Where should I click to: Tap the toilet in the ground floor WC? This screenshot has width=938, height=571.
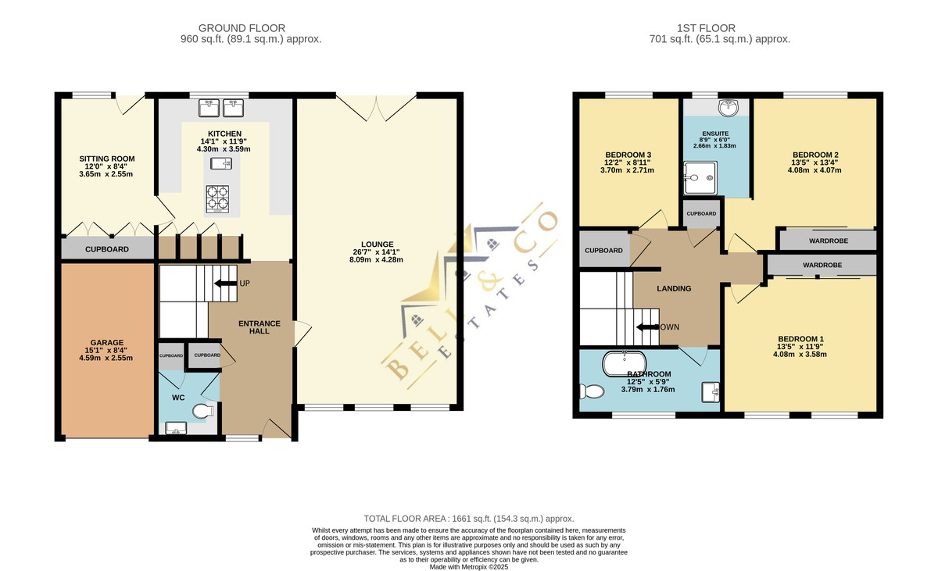tap(203, 411)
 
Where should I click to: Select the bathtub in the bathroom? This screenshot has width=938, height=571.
tap(624, 364)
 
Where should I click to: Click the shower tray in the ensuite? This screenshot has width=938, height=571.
tap(700, 178)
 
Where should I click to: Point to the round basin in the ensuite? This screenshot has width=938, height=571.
tap(729, 108)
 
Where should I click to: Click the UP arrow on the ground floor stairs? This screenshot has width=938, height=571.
tap(226, 284)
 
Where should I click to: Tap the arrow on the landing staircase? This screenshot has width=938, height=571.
tap(647, 327)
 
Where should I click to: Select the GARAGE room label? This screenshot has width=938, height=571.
tap(107, 343)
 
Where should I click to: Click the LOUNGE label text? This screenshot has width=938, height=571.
tap(378, 244)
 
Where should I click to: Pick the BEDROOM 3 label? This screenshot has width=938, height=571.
tap(628, 155)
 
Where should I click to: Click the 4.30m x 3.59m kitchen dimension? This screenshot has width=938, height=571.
tap(224, 149)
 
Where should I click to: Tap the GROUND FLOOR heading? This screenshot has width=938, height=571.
tap(242, 28)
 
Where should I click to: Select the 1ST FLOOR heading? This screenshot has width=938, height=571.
tap(706, 28)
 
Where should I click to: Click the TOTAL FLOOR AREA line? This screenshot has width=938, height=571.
tap(468, 519)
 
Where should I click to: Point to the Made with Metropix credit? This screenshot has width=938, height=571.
tap(468, 567)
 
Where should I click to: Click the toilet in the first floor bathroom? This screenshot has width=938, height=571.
tap(591, 391)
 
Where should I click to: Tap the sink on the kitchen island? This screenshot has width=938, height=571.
tap(221, 163)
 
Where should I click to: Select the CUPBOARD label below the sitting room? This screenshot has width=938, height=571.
tap(107, 249)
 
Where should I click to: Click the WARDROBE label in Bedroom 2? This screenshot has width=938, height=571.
tap(829, 241)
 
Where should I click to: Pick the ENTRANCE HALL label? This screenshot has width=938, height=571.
tap(260, 327)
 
